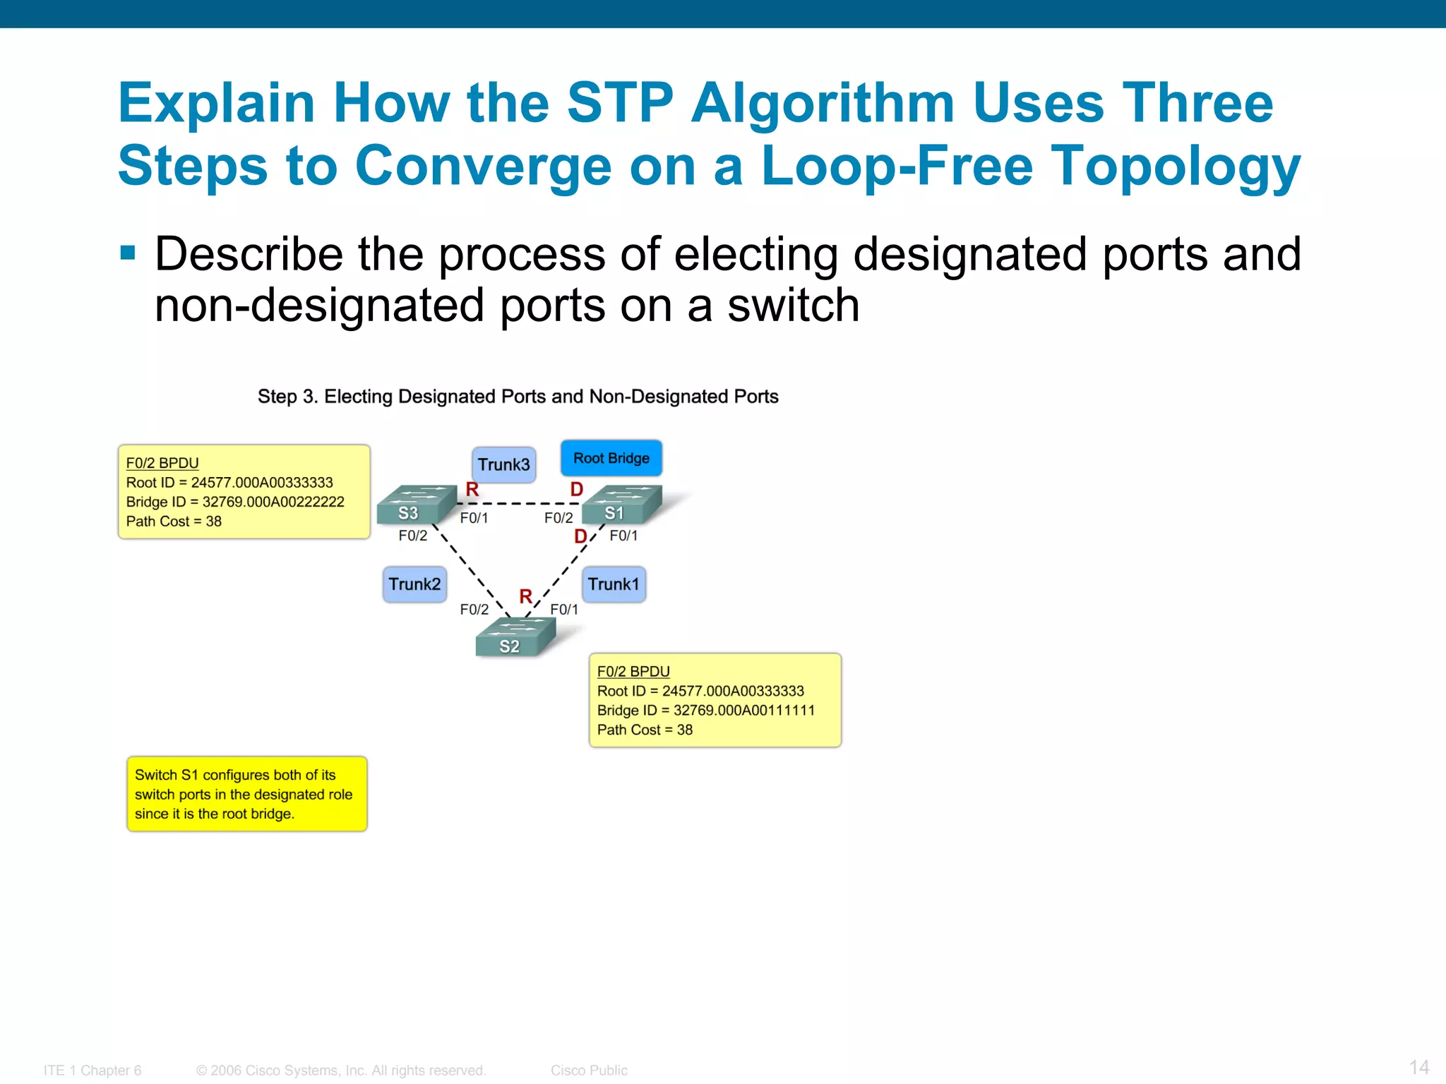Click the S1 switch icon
[x=621, y=504]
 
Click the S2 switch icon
[x=515, y=637]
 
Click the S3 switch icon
[x=416, y=504]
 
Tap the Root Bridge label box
[x=611, y=458]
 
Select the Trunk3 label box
[x=503, y=464]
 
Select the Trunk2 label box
[x=414, y=584]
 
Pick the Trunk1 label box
[x=614, y=584]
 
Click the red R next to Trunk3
[x=472, y=489]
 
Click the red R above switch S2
[x=525, y=596]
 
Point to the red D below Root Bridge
[x=576, y=489]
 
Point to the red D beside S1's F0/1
[x=580, y=536]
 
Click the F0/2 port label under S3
[x=412, y=536]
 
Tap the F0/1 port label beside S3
[x=474, y=518]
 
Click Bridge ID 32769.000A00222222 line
[x=235, y=502]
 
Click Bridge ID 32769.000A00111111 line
[x=705, y=710]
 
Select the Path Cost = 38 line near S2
[x=645, y=730]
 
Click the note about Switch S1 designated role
[x=246, y=794]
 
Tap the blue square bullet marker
[x=128, y=253]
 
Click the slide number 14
[x=1418, y=1066]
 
